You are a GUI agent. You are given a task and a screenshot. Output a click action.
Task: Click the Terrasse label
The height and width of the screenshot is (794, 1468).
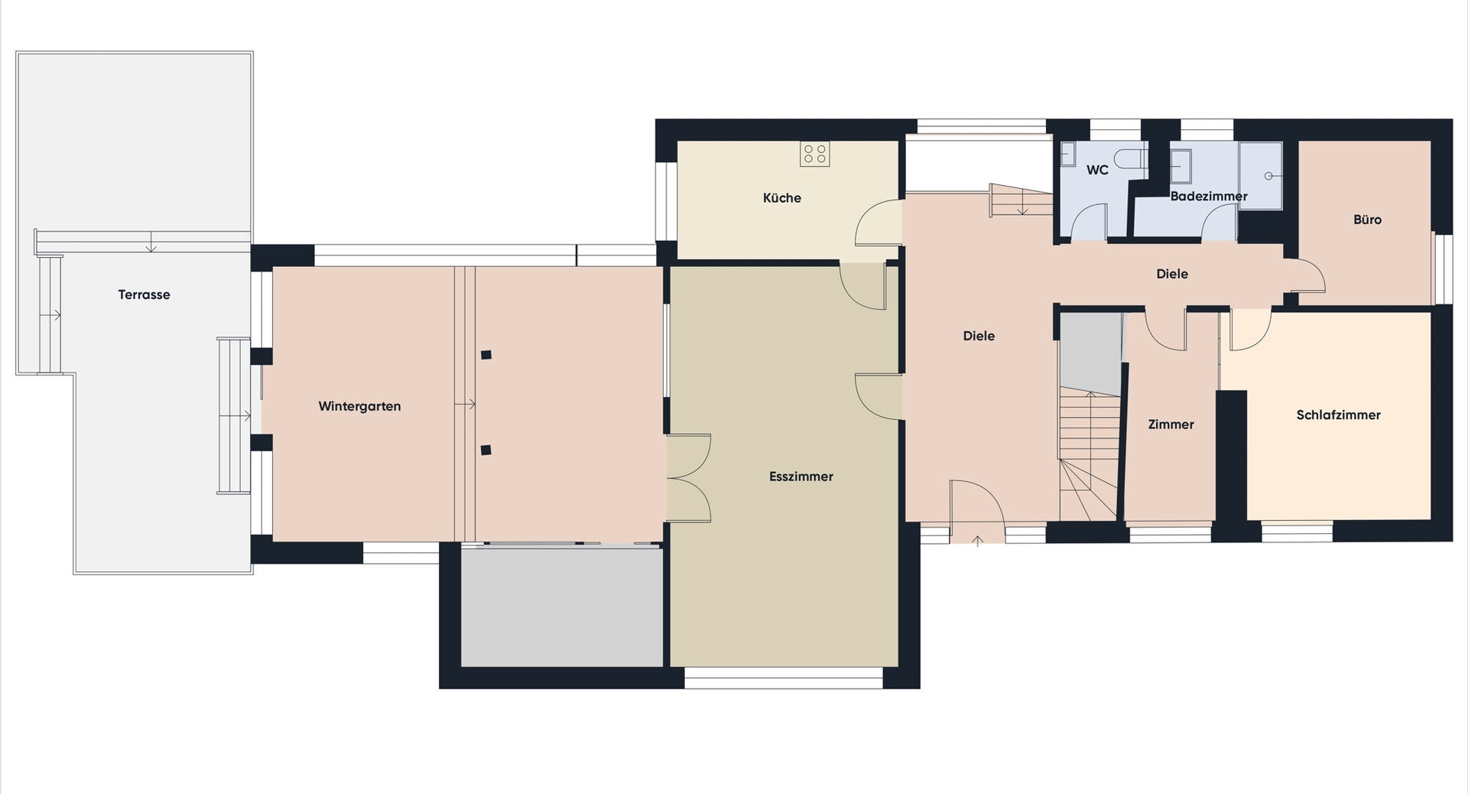tap(144, 294)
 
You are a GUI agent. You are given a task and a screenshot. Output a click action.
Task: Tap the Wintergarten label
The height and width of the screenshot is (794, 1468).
tap(359, 406)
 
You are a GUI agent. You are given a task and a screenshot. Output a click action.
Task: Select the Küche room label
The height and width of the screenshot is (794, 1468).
tap(782, 197)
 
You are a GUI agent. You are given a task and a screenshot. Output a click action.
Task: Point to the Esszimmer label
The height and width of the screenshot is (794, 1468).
tap(801, 477)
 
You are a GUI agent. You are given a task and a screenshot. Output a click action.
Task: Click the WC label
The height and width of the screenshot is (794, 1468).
tap(1097, 170)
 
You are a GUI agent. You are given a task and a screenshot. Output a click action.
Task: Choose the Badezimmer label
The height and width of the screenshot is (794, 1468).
tap(1209, 196)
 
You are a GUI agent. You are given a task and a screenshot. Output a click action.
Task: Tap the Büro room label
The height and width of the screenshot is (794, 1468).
tap(1367, 220)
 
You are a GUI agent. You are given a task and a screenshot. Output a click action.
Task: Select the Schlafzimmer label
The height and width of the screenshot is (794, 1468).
tap(1338, 415)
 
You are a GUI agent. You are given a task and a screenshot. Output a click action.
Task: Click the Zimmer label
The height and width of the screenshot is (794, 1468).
tap(1171, 424)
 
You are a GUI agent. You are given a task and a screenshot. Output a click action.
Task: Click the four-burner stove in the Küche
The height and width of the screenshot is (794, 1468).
tap(815, 154)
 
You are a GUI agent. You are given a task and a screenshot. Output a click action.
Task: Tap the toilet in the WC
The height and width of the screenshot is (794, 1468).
tap(1131, 159)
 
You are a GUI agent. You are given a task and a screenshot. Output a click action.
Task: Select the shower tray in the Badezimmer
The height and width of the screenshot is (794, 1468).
tap(1260, 176)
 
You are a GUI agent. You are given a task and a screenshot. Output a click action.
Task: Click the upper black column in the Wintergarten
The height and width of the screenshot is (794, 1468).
tap(486, 355)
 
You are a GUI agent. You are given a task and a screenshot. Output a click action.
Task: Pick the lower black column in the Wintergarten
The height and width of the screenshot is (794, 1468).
tap(486, 450)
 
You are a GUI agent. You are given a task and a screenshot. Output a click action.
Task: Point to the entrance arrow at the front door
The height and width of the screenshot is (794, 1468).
tap(977, 542)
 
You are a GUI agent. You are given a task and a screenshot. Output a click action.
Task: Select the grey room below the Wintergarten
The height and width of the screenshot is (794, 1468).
tap(562, 606)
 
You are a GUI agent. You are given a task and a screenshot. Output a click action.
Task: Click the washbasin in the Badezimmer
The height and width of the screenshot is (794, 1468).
tap(1181, 167)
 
